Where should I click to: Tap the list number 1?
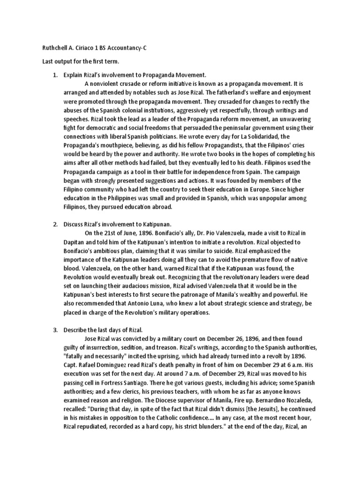[x=55, y=75]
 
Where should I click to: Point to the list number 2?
[x=55, y=225]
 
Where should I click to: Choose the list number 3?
[x=55, y=330]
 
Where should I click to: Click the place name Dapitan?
[x=75, y=242]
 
